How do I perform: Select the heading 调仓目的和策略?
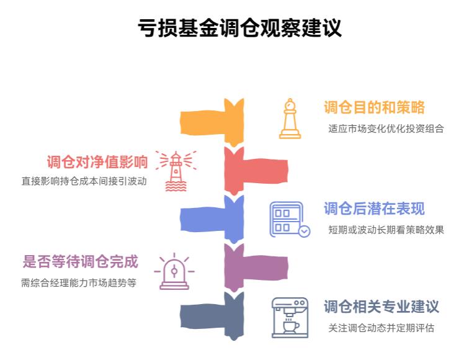tap(374, 107)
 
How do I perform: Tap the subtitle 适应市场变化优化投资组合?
tap(386, 129)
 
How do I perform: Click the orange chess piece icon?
tap(290, 119)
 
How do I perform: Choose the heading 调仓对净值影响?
tap(97, 162)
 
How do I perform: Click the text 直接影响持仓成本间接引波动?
tap(84, 182)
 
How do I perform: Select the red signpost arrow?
tap(255, 168)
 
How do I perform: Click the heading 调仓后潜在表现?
tap(374, 209)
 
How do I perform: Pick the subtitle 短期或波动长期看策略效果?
tap(386, 230)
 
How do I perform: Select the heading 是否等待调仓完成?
tap(81, 261)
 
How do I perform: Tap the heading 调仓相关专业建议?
tap(381, 307)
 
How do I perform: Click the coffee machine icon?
tap(290, 318)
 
